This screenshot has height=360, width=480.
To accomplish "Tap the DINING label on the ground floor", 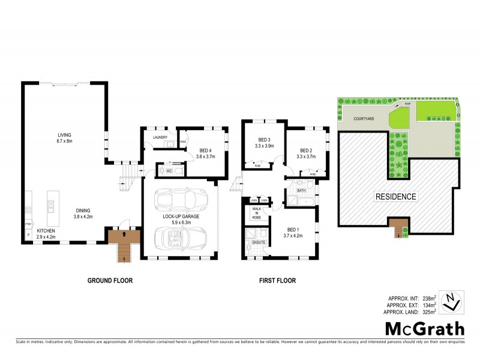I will (83, 210).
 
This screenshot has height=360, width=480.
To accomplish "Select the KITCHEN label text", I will (46, 230).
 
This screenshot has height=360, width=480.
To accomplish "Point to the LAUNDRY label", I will (160, 137).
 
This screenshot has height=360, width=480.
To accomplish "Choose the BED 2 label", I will (307, 151).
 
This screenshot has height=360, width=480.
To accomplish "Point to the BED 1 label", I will (293, 230).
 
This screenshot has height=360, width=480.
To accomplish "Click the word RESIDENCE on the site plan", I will (397, 196).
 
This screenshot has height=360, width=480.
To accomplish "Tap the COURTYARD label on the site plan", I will (364, 119).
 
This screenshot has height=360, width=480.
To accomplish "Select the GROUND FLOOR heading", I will (110, 280).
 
